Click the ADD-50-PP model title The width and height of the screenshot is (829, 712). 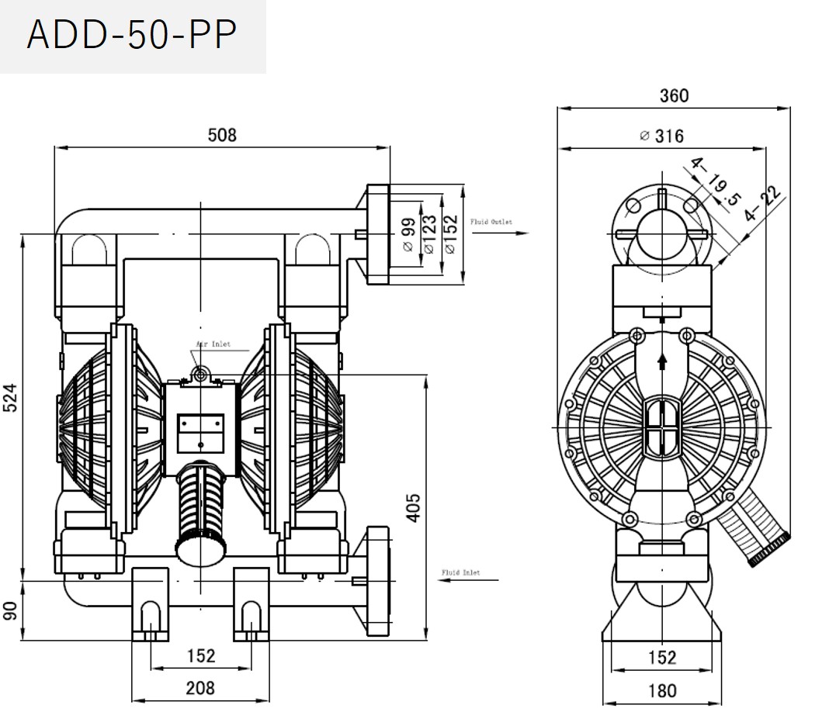click(x=131, y=36)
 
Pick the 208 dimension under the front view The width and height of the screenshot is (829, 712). click(x=200, y=686)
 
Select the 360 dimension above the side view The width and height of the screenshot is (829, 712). click(x=674, y=95)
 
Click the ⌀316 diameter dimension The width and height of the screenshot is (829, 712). click(x=662, y=137)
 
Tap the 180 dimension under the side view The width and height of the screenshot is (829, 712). click(x=661, y=690)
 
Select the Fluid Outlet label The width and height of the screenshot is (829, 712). click(x=491, y=222)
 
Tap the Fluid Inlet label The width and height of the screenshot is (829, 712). click(x=461, y=572)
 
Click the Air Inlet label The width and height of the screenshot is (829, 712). click(x=213, y=344)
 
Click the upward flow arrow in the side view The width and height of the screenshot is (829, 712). click(x=662, y=361)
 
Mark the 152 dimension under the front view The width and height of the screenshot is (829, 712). click(x=200, y=656)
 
